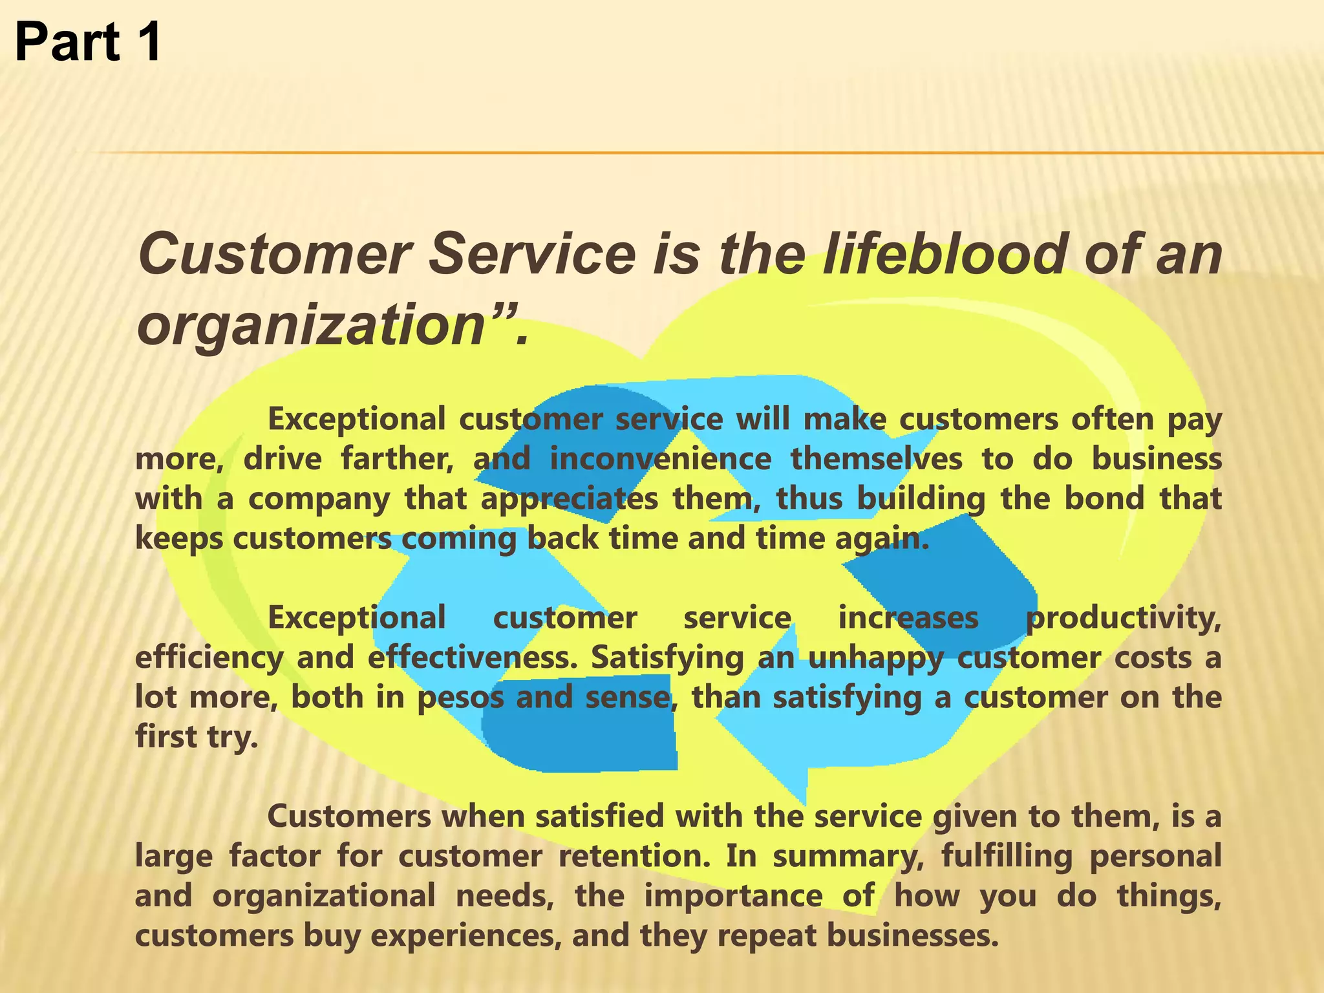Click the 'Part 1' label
[88, 42]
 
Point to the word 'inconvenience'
[660, 459]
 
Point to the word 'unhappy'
[875, 658]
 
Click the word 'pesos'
[460, 698]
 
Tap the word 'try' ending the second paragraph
[232, 738]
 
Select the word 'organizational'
[324, 897]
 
